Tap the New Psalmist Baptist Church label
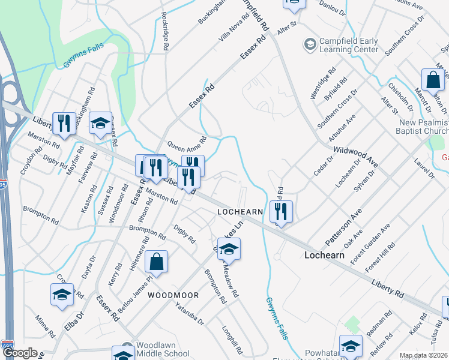pyautogui.click(x=424, y=127)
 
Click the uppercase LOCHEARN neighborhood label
pyautogui.click(x=240, y=212)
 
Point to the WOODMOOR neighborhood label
pyautogui.click(x=173, y=296)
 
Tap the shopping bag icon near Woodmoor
pyautogui.click(x=156, y=262)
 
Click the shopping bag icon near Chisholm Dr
pyautogui.click(x=433, y=80)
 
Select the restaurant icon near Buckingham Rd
pyautogui.click(x=62, y=124)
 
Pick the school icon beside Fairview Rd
pyautogui.click(x=100, y=124)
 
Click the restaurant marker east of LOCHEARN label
pyautogui.click(x=280, y=211)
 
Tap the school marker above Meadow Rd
pyautogui.click(x=229, y=248)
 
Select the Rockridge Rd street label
pyautogui.click(x=164, y=31)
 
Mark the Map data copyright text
pyautogui.click(x=424, y=355)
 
